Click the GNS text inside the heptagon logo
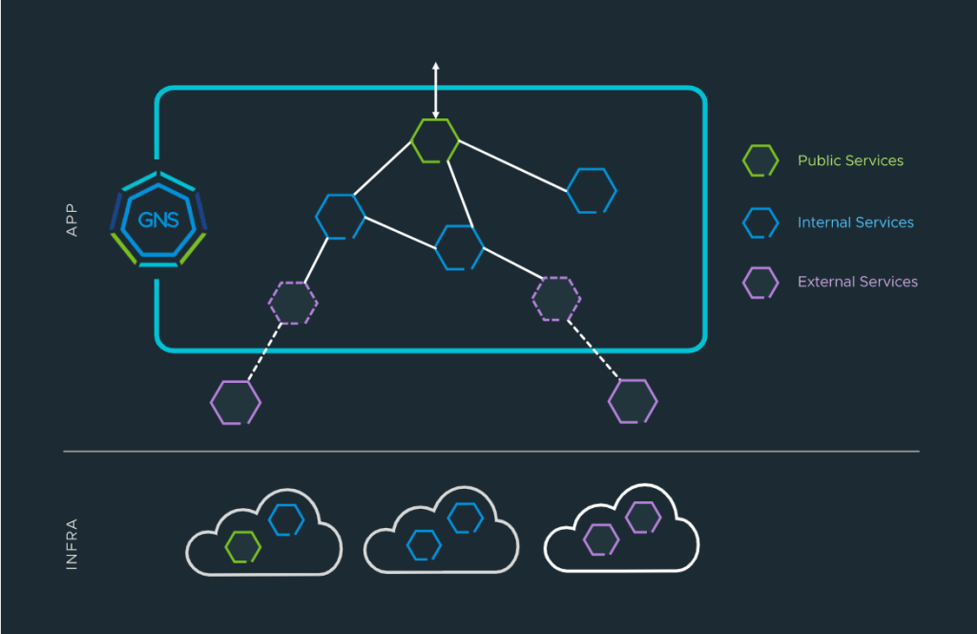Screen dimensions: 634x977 coord(157,221)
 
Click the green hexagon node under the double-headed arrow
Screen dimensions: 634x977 coord(435,140)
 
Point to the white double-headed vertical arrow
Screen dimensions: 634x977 coord(435,90)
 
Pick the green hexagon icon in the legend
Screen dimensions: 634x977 coord(760,161)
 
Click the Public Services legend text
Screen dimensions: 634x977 coord(850,160)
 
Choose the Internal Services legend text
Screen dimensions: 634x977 coord(856,222)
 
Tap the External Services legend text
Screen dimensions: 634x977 coord(858,282)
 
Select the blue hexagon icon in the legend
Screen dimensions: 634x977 coord(760,222)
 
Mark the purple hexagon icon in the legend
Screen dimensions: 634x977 coord(760,283)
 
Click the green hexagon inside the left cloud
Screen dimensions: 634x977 coord(243,547)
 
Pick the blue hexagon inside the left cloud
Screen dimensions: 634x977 coord(286,519)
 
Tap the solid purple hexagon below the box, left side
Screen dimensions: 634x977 coord(236,402)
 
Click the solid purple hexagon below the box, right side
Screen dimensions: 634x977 coord(633,401)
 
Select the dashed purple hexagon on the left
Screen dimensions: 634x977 coord(293,302)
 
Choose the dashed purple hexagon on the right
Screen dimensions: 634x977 coord(556,299)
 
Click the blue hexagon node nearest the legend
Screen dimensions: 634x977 coord(592,190)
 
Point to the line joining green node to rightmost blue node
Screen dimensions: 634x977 coord(515,165)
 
